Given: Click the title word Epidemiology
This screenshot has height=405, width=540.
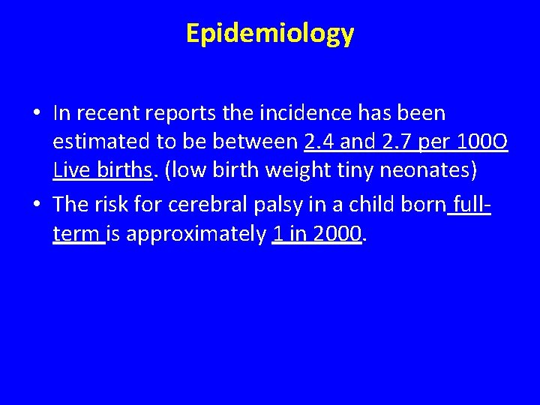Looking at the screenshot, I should (270, 34).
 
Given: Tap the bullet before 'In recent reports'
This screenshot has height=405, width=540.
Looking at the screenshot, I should (37, 114).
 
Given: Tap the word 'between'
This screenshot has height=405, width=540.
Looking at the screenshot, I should (258, 142).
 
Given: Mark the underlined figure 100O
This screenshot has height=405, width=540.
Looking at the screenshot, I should (483, 142).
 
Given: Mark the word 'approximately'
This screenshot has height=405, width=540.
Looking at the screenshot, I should (196, 235).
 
